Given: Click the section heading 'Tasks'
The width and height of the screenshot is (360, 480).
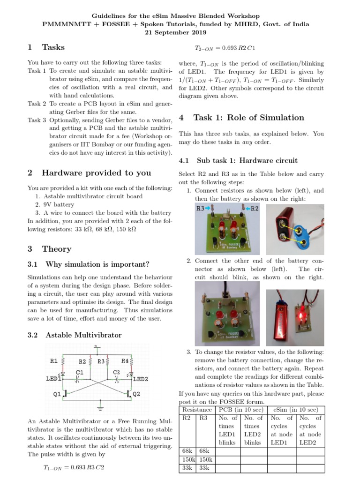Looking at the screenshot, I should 53,47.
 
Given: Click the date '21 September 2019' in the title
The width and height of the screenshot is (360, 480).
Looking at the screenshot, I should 180,32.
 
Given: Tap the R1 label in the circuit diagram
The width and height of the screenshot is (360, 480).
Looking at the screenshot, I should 53,361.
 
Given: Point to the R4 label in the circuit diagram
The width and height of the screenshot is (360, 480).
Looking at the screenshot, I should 126,361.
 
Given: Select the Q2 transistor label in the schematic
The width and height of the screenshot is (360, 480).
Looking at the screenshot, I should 136,394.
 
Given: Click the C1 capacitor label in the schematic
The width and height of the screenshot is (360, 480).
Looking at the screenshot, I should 79,372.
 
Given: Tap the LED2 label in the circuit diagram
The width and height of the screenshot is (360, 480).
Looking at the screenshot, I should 141,379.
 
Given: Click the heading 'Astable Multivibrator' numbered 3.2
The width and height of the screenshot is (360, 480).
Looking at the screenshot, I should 83,335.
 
